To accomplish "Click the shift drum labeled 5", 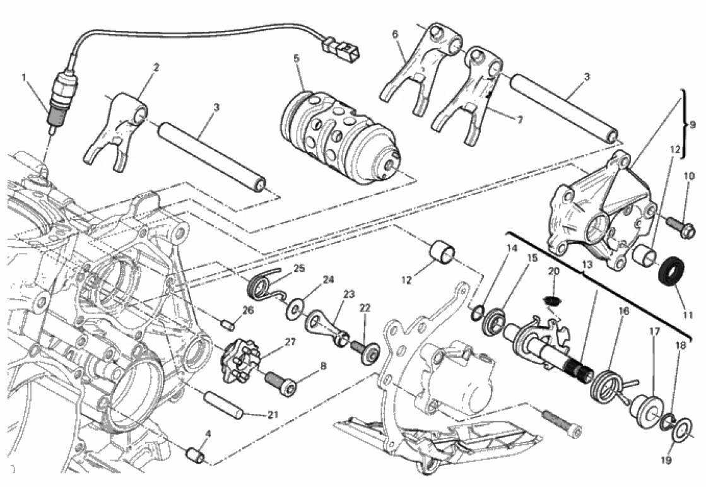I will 341,136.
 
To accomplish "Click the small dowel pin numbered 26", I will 229,325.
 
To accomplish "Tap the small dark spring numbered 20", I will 553,302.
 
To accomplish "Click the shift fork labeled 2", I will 121,129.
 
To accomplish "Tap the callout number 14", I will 512,249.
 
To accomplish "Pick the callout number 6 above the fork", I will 396,34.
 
